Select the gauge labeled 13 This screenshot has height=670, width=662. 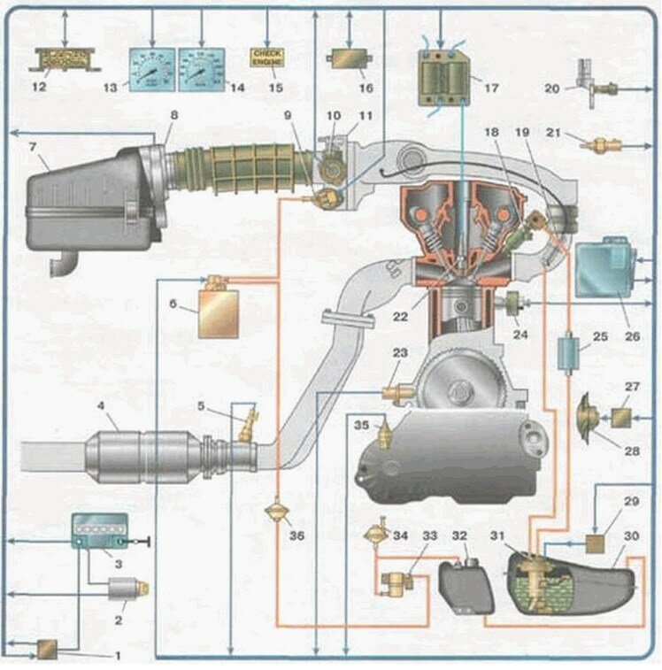pos(152,67)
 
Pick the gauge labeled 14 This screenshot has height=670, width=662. pos(203,67)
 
